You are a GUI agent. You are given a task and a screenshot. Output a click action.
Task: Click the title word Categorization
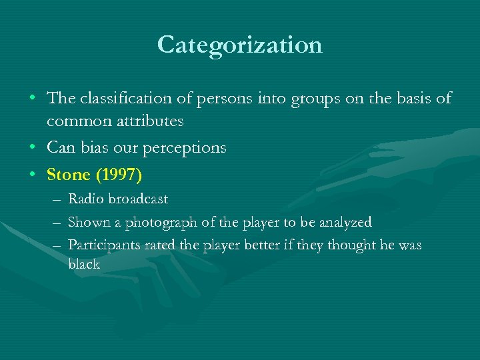tap(240, 45)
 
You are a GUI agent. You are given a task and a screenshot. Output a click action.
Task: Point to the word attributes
tap(151, 122)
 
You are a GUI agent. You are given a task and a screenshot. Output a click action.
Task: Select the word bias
tap(97, 147)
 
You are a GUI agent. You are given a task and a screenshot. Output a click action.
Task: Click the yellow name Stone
tap(68, 175)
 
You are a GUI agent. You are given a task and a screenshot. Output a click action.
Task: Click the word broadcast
tap(137, 199)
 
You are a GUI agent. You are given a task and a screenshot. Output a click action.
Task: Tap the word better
tap(250, 245)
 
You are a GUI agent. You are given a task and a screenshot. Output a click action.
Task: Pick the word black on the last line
tap(84, 264)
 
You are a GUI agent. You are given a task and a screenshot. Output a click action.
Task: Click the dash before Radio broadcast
tap(53, 199)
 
